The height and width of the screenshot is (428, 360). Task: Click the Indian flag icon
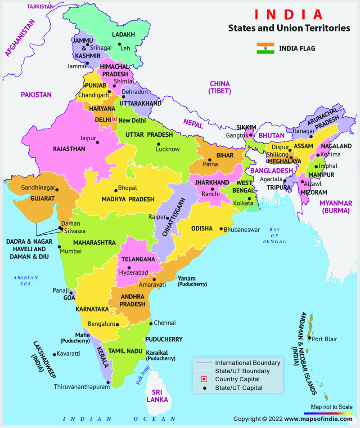click(265, 49)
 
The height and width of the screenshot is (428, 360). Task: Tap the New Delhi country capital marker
click(114, 119)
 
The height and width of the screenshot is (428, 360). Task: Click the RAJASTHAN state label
click(68, 149)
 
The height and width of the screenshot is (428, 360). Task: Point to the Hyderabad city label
click(134, 273)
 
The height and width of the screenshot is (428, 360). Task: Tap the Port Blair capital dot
click(310, 338)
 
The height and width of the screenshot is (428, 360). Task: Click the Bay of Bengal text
click(274, 236)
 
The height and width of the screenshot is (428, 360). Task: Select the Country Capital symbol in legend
click(203, 379)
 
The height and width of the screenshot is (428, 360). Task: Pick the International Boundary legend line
click(203, 363)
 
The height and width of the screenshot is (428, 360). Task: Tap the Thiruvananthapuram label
click(82, 387)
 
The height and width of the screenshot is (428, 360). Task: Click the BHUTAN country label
click(272, 135)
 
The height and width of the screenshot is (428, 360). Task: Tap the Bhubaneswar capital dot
click(220, 229)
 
